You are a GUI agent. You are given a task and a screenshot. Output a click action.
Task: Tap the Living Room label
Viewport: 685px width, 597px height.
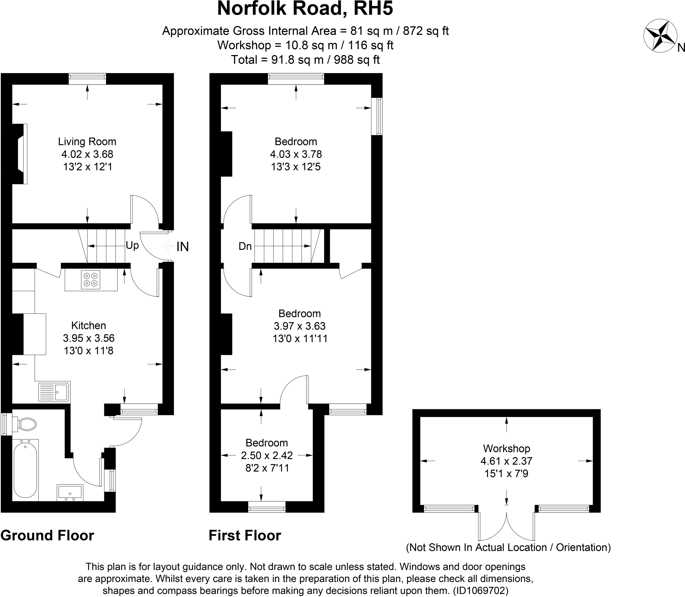(x=87, y=142)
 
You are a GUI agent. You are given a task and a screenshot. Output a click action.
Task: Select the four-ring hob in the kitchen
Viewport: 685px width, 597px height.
(x=91, y=280)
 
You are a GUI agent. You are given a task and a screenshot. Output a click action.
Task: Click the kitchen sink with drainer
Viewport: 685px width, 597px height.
(x=54, y=392)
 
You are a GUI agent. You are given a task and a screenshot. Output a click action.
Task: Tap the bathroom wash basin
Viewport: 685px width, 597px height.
(x=70, y=492)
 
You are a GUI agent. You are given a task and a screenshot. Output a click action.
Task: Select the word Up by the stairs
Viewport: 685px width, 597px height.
(x=132, y=246)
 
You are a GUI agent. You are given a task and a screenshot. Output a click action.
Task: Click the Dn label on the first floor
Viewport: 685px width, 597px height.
(x=245, y=247)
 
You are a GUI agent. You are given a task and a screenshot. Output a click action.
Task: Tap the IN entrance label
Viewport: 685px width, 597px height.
(x=183, y=247)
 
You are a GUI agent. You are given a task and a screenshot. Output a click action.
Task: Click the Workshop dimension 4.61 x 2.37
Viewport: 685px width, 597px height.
(x=506, y=461)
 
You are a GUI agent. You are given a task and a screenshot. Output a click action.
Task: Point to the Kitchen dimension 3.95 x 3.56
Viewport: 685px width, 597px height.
(x=89, y=338)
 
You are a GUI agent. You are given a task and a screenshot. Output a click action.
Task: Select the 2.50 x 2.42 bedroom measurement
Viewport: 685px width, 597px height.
(x=267, y=455)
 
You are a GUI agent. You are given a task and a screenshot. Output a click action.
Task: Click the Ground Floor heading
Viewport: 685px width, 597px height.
(x=47, y=536)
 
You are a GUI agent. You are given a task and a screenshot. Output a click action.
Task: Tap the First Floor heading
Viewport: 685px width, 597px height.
(x=245, y=536)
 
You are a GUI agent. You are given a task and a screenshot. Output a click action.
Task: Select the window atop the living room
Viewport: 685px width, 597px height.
(x=87, y=79)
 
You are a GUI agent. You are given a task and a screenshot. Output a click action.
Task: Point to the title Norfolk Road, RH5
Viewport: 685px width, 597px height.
(x=305, y=9)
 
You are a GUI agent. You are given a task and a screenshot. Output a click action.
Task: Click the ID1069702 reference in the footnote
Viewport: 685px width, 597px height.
(x=481, y=591)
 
